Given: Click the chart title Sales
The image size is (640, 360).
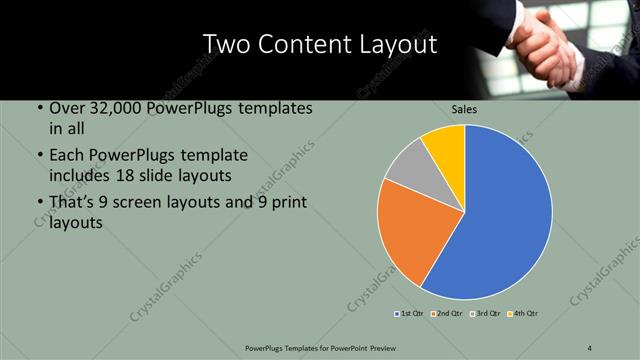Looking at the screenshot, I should (464, 109).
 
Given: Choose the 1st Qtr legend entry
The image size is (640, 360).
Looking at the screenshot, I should (409, 314).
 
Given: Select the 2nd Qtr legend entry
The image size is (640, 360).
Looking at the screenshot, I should (447, 314).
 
